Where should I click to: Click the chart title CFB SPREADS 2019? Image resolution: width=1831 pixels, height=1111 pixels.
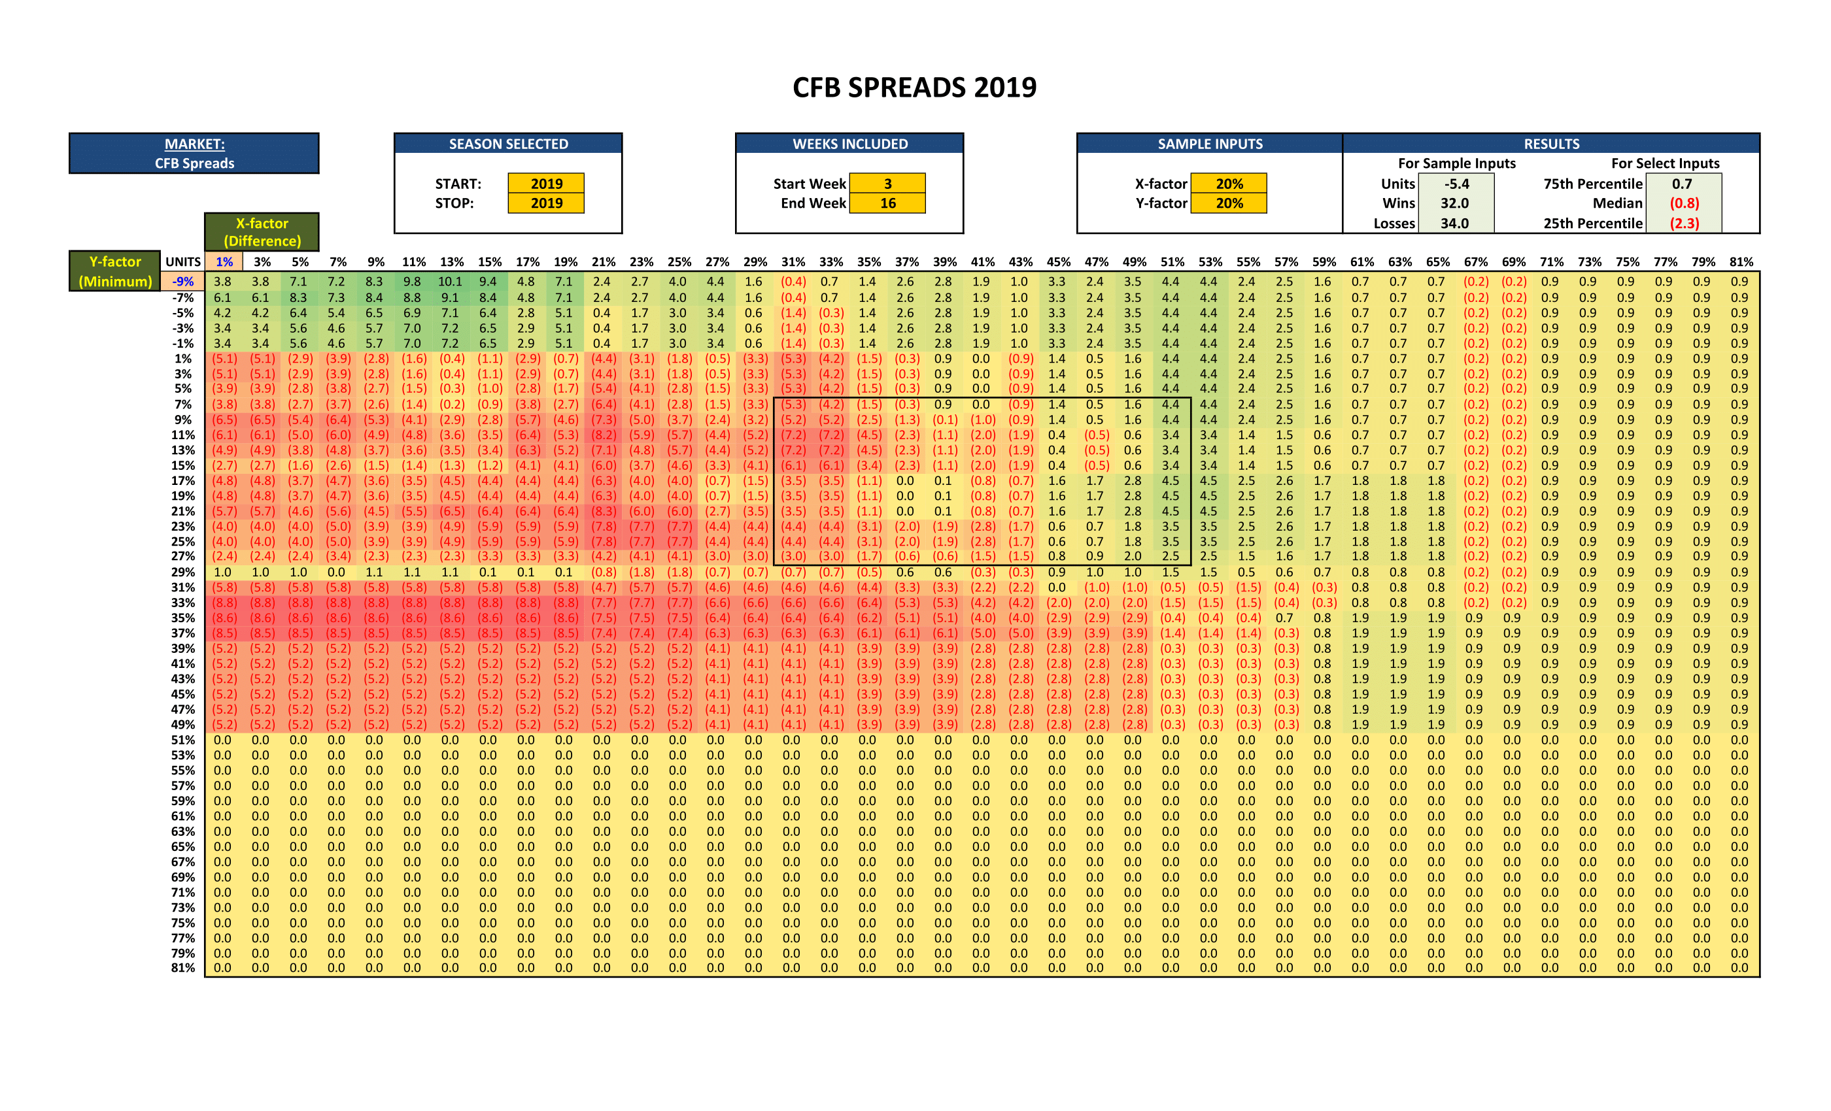[x=914, y=88]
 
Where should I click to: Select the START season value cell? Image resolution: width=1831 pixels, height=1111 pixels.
[x=546, y=184]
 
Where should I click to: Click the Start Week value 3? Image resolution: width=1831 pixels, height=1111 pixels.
[x=887, y=184]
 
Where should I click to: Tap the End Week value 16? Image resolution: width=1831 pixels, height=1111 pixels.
[x=887, y=203]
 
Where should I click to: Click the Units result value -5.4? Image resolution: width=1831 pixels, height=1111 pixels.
[x=1456, y=184]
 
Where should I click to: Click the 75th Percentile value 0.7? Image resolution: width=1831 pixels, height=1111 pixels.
[x=1683, y=184]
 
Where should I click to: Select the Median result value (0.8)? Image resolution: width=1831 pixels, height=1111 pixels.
[x=1684, y=203]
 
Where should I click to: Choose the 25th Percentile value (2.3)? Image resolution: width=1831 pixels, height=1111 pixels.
[x=1684, y=224]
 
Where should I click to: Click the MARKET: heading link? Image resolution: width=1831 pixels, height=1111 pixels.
[x=195, y=144]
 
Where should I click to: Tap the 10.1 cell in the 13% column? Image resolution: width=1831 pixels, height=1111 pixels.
[x=451, y=282]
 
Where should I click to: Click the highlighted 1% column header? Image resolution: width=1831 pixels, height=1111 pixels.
[x=224, y=262]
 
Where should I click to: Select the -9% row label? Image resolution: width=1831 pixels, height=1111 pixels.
[x=183, y=282]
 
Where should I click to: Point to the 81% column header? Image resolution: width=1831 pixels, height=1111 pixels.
[x=1741, y=262]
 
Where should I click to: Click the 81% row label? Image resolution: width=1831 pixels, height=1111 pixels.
[x=183, y=969]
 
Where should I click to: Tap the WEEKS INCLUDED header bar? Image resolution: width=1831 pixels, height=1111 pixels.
[x=849, y=144]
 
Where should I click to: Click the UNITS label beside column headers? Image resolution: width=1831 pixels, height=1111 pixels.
[x=183, y=262]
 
